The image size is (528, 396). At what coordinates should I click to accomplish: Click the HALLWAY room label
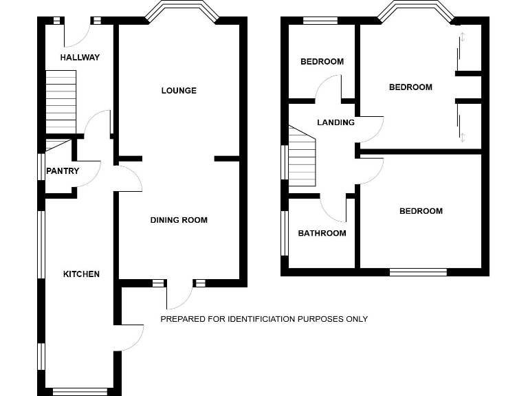tap(80, 57)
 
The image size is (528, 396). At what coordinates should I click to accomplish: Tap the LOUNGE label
tap(179, 91)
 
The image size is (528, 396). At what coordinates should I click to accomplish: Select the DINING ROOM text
tap(179, 220)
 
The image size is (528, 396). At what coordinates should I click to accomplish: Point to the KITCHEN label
tap(81, 274)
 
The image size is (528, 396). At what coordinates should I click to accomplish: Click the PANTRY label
tap(63, 171)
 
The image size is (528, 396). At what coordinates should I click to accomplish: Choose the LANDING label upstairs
tap(335, 122)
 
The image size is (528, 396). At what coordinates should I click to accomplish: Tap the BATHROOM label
tap(322, 233)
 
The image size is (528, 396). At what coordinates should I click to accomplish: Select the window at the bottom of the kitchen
tap(80, 392)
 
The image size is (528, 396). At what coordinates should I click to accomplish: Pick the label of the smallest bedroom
tap(322, 62)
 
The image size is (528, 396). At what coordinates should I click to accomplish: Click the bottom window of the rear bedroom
tap(418, 272)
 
